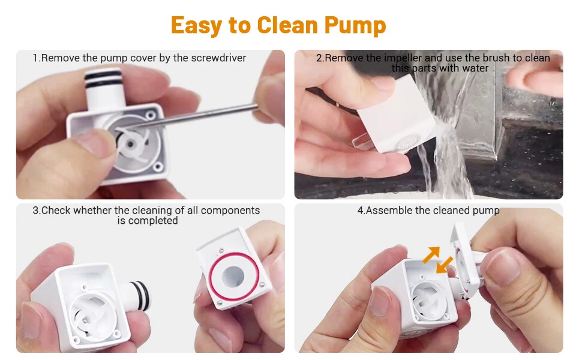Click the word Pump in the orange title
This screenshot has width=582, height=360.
click(x=355, y=26)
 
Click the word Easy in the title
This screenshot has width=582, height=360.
click(x=196, y=26)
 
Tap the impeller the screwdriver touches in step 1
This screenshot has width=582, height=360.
click(x=133, y=143)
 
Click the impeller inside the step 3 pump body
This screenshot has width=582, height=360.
click(x=89, y=317)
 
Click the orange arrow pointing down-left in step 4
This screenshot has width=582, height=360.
click(x=444, y=265)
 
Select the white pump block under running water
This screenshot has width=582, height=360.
click(x=397, y=115)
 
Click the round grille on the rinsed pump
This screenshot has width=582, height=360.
click(x=407, y=142)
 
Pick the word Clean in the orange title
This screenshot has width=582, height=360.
click(x=287, y=26)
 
